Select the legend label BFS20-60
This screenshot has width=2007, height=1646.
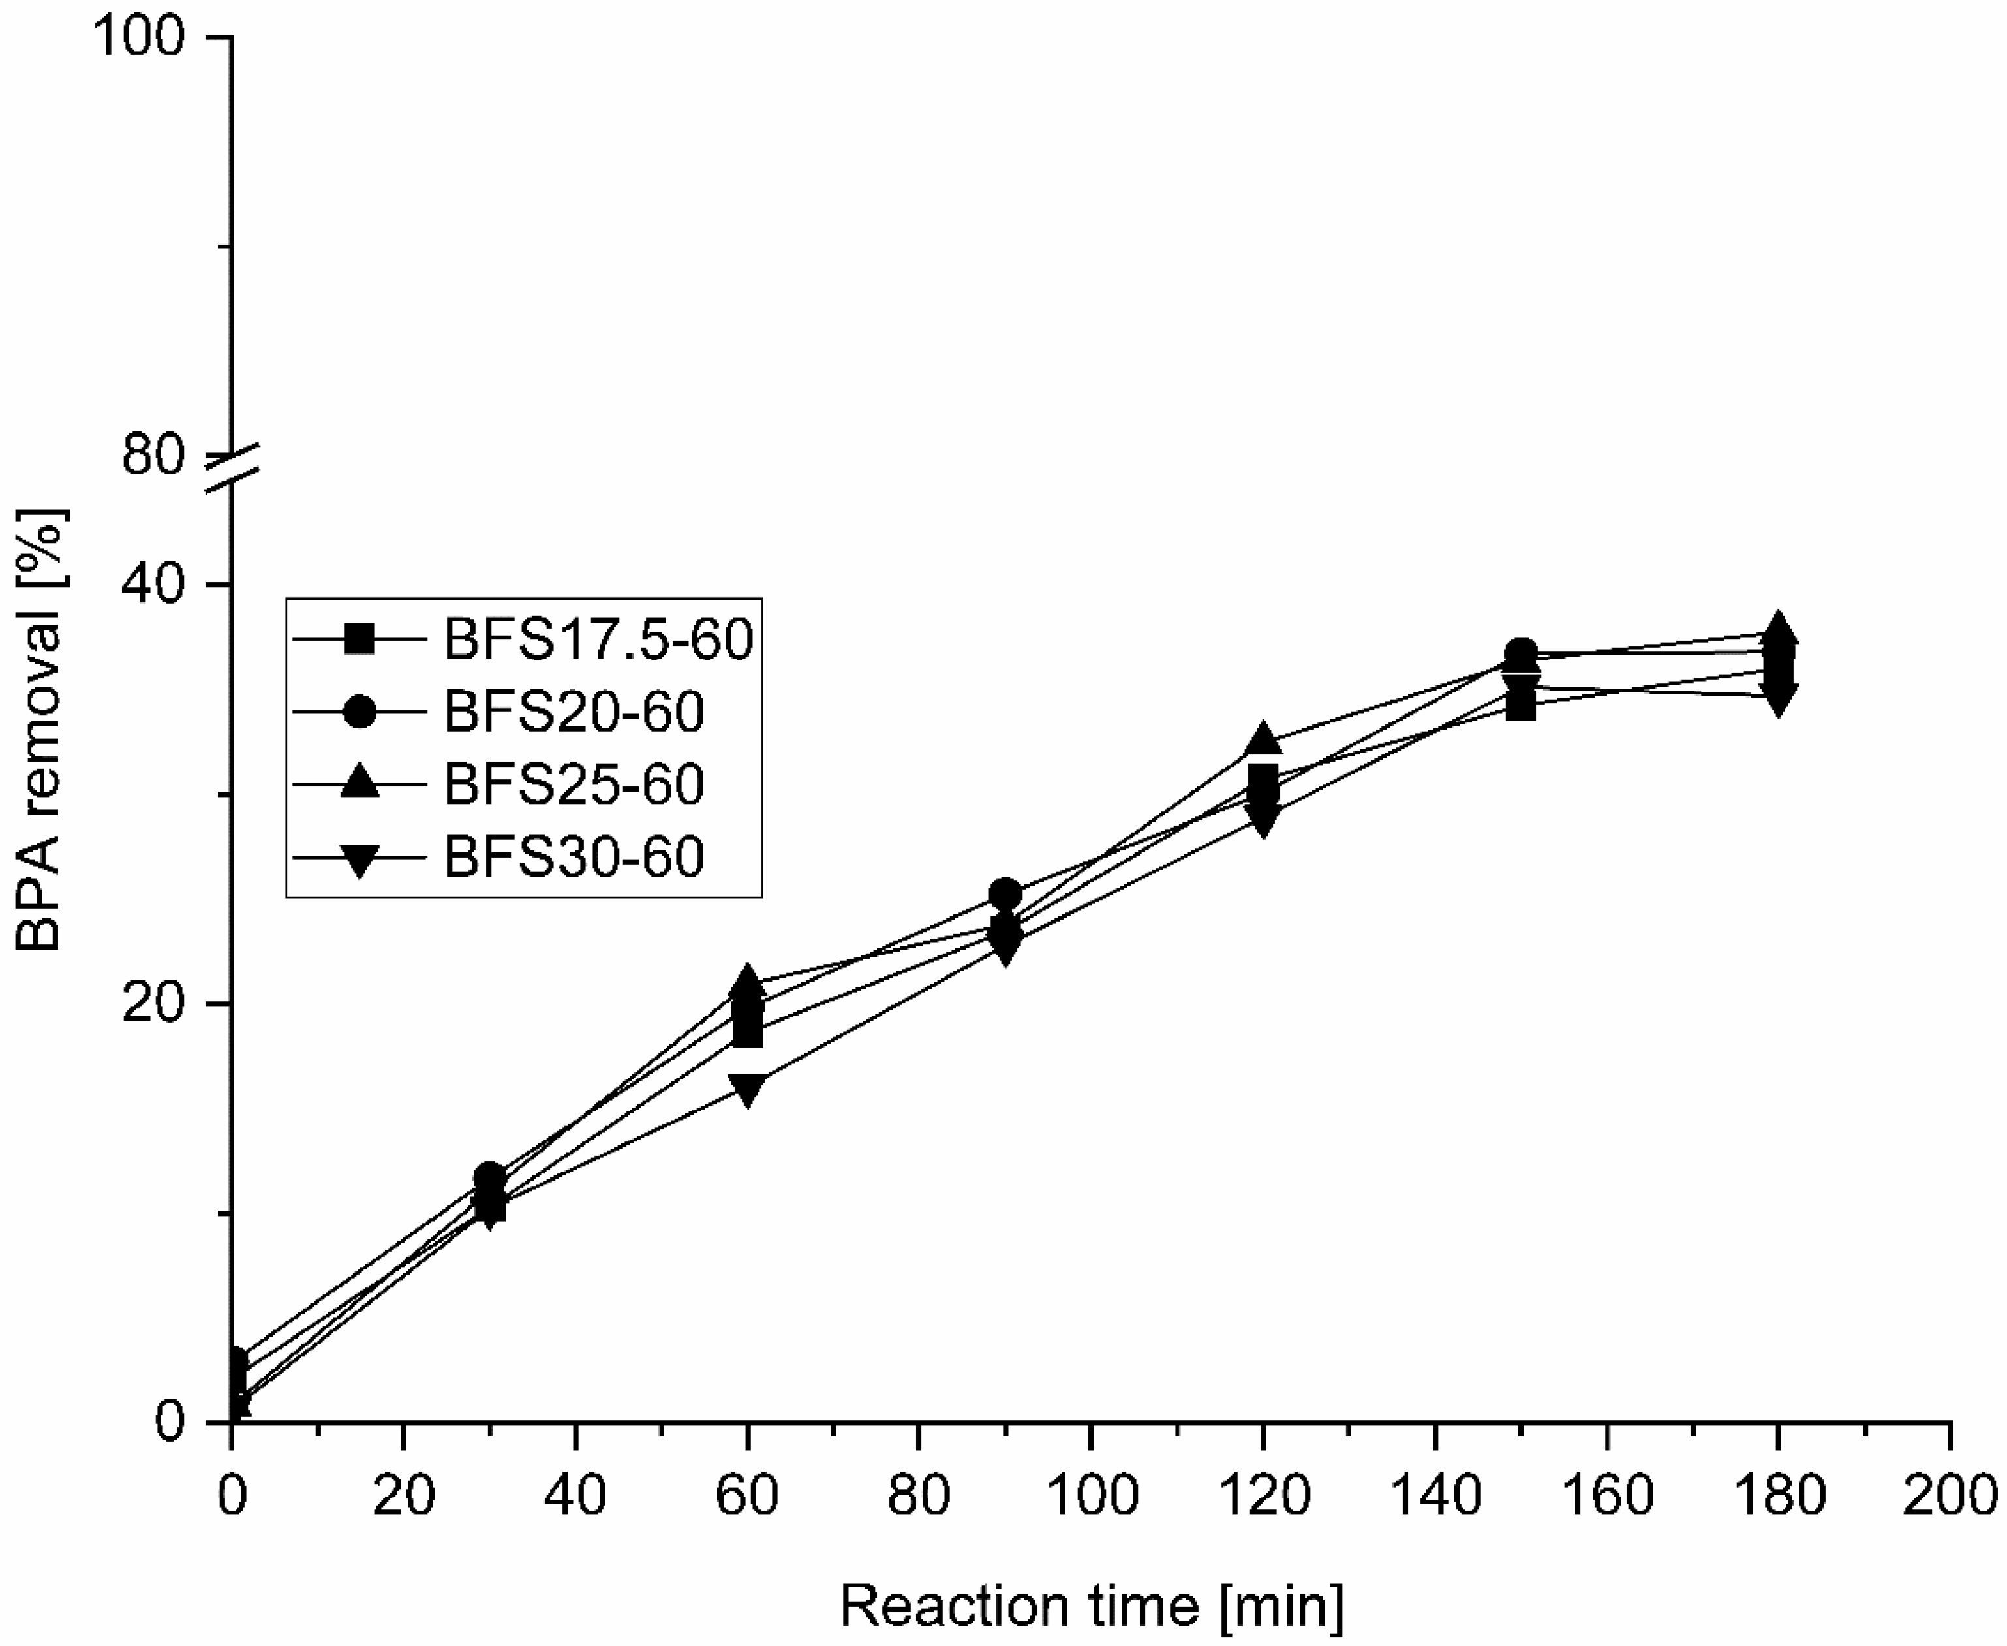[574, 711]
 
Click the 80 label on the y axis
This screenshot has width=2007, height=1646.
[151, 456]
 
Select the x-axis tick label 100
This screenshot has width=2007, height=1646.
[1091, 1496]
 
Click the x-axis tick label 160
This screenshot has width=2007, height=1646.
[1607, 1496]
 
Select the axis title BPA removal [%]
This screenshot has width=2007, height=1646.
[40, 730]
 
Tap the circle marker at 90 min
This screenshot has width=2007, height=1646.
[1005, 894]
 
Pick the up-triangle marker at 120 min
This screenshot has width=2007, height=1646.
[1263, 739]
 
